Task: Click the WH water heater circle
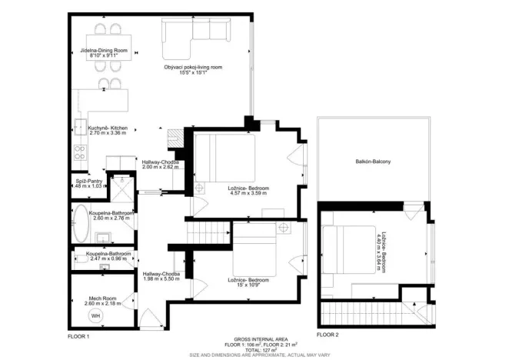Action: pyautogui.click(x=96, y=315)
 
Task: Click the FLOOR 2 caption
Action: pyautogui.click(x=327, y=336)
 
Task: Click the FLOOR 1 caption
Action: pyautogui.click(x=79, y=336)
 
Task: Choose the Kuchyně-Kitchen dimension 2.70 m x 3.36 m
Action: pyautogui.click(x=108, y=133)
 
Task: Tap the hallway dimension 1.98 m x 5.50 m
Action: pyautogui.click(x=161, y=278)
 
